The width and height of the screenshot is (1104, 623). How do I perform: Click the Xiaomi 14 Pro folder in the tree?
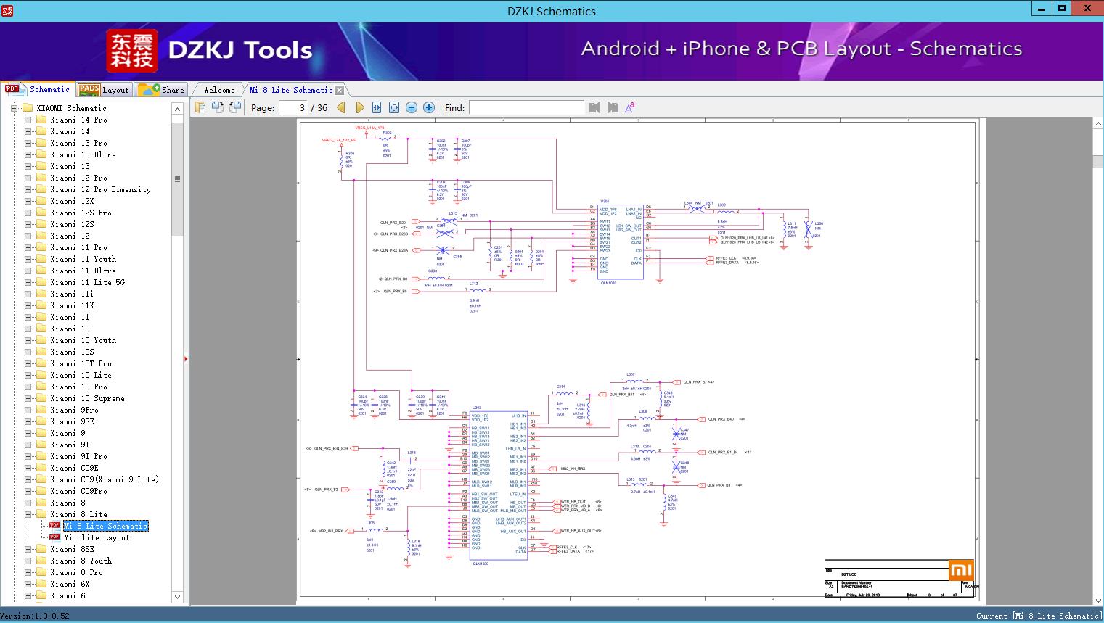[x=78, y=120]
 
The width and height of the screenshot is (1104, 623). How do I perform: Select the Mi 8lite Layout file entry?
[x=96, y=537]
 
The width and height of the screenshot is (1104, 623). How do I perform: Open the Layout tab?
[x=105, y=90]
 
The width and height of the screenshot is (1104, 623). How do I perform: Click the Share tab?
[x=162, y=90]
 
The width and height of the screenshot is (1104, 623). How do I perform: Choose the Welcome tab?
[x=219, y=90]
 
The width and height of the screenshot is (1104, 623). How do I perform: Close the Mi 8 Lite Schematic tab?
[x=339, y=91]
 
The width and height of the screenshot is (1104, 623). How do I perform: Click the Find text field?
[x=526, y=107]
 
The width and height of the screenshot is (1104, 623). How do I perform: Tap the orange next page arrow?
[x=359, y=107]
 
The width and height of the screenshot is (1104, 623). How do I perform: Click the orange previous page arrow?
[x=341, y=107]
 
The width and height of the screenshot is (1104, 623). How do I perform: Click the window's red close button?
[x=1087, y=9]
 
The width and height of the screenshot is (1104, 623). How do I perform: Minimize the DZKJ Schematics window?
[x=1041, y=9]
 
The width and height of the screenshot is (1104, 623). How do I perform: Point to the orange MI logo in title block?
[x=960, y=570]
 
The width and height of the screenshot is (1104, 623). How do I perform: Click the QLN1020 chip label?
[x=608, y=283]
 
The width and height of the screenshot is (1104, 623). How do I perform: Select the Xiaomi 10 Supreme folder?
[x=87, y=398]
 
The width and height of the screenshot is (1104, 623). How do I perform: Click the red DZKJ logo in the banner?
[x=132, y=51]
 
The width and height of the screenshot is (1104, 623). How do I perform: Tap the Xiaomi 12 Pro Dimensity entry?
[x=100, y=189]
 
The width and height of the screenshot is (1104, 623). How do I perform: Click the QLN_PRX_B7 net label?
[x=695, y=382]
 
